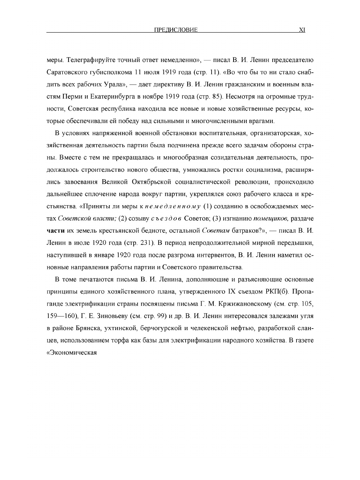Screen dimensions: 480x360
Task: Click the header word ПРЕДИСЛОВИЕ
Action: click(x=176, y=30)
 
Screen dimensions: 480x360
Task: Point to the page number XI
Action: click(x=302, y=30)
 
